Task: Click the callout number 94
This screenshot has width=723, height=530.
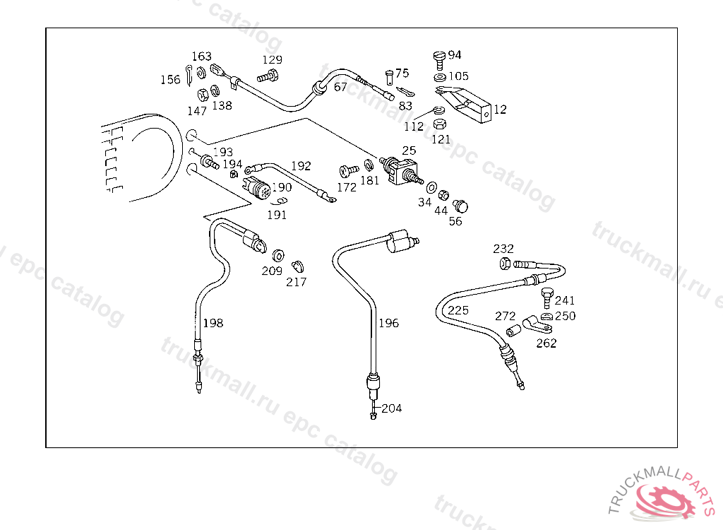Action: (455, 55)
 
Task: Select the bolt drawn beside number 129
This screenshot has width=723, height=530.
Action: (268, 76)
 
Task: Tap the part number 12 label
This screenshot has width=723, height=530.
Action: (501, 110)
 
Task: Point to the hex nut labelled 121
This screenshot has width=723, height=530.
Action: (440, 124)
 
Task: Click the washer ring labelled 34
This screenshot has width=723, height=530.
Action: (431, 187)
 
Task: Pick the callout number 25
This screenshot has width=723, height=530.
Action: (409, 151)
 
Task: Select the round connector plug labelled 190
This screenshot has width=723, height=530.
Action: (259, 187)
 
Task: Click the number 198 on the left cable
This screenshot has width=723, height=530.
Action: (213, 323)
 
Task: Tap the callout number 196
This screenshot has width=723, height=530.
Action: (389, 323)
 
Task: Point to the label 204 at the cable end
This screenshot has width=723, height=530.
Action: (392, 408)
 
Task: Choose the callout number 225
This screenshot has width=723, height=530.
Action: (458, 310)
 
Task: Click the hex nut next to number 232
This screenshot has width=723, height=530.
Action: (505, 264)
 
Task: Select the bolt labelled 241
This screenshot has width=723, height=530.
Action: (547, 298)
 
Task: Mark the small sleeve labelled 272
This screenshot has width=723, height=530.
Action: (513, 331)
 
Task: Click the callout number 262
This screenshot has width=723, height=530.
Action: (546, 343)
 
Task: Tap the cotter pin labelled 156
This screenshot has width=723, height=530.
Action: (189, 76)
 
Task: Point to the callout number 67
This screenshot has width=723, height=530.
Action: (340, 87)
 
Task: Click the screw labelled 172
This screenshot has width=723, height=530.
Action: (349, 171)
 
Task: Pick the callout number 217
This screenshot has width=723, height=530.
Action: (296, 282)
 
